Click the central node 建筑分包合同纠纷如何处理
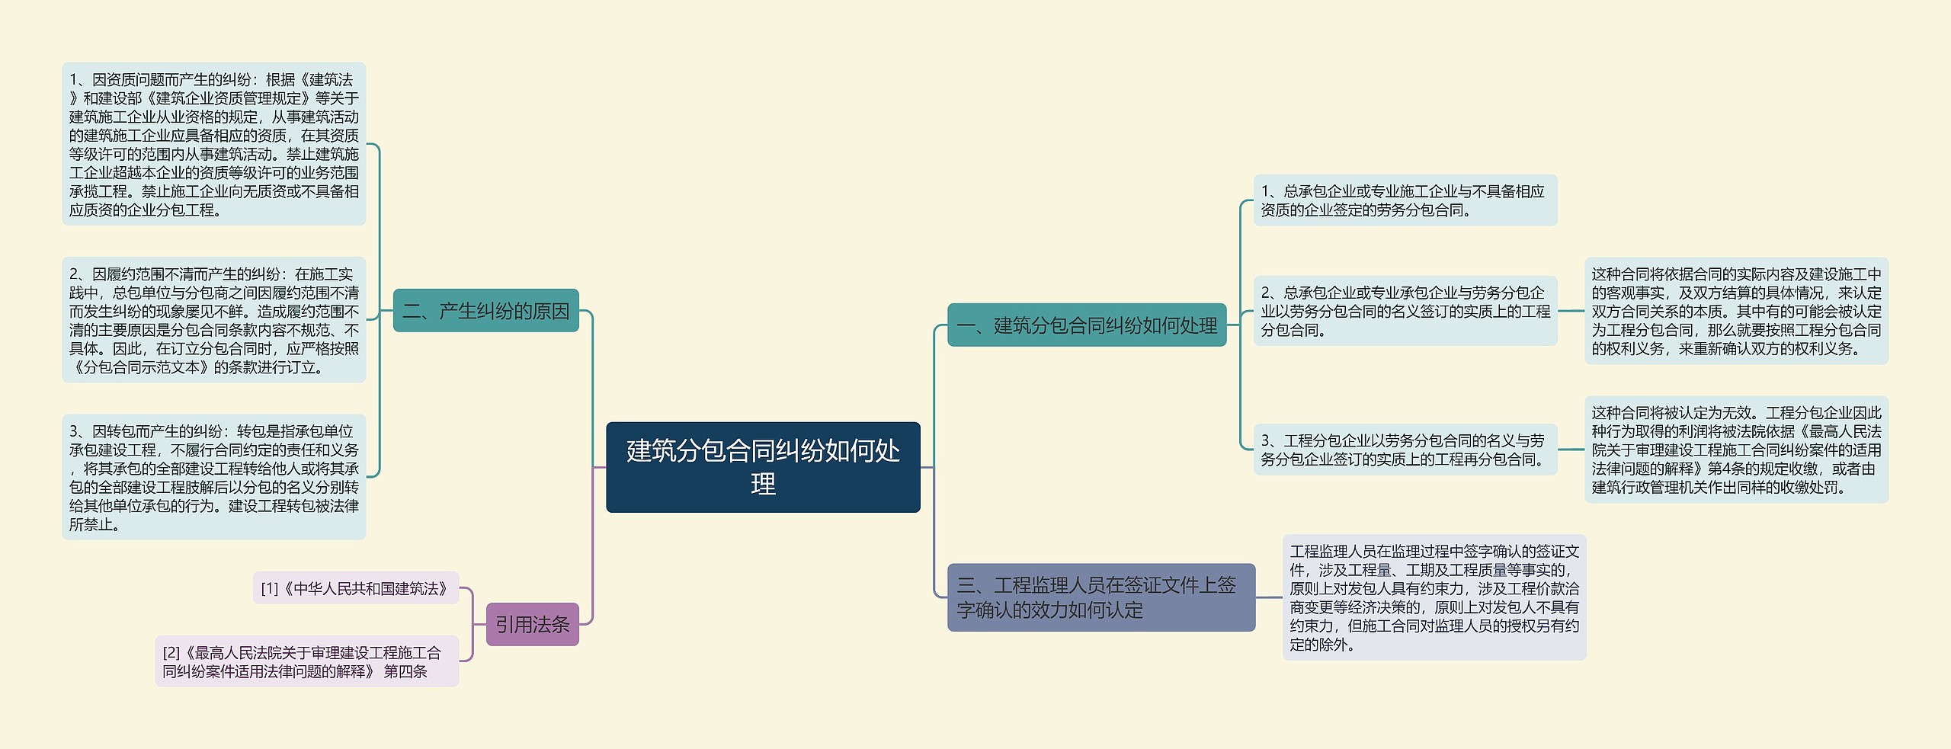[763, 467]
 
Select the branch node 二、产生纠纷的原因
[485, 311]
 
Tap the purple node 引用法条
[532, 625]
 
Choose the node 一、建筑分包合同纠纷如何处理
[1086, 325]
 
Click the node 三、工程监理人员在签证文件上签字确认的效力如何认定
[1100, 597]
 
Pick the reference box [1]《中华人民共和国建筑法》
[355, 588]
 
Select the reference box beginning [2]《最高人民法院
[306, 661]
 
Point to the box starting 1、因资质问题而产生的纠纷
[213, 144]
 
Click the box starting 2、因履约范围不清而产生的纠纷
[213, 320]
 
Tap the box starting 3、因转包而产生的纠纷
[213, 477]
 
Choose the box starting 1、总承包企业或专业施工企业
[1405, 200]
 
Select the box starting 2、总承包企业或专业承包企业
[1405, 311]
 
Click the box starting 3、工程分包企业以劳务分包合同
[1405, 450]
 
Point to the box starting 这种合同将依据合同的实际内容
[1736, 311]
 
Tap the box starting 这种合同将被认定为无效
[1736, 450]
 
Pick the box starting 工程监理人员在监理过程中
[1434, 597]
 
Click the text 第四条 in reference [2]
[405, 671]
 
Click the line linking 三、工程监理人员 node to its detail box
[1269, 597]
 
